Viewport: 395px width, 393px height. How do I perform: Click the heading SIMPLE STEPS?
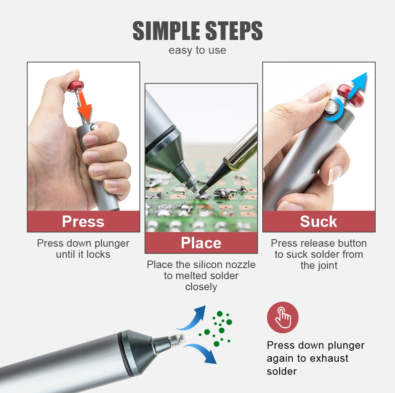coord(197,31)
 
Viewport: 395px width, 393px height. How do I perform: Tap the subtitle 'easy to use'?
coord(197,50)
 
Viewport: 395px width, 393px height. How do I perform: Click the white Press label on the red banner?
coord(83,221)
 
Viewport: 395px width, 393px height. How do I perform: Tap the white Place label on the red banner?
coord(201,243)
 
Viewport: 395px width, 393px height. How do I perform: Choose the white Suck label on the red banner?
coord(318,221)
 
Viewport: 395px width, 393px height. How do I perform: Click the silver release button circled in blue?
coord(331,108)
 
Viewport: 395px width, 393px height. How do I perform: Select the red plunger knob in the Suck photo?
coord(350,95)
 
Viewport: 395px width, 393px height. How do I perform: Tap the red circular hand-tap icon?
coord(283,317)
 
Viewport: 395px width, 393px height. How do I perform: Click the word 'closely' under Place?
coord(201,287)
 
